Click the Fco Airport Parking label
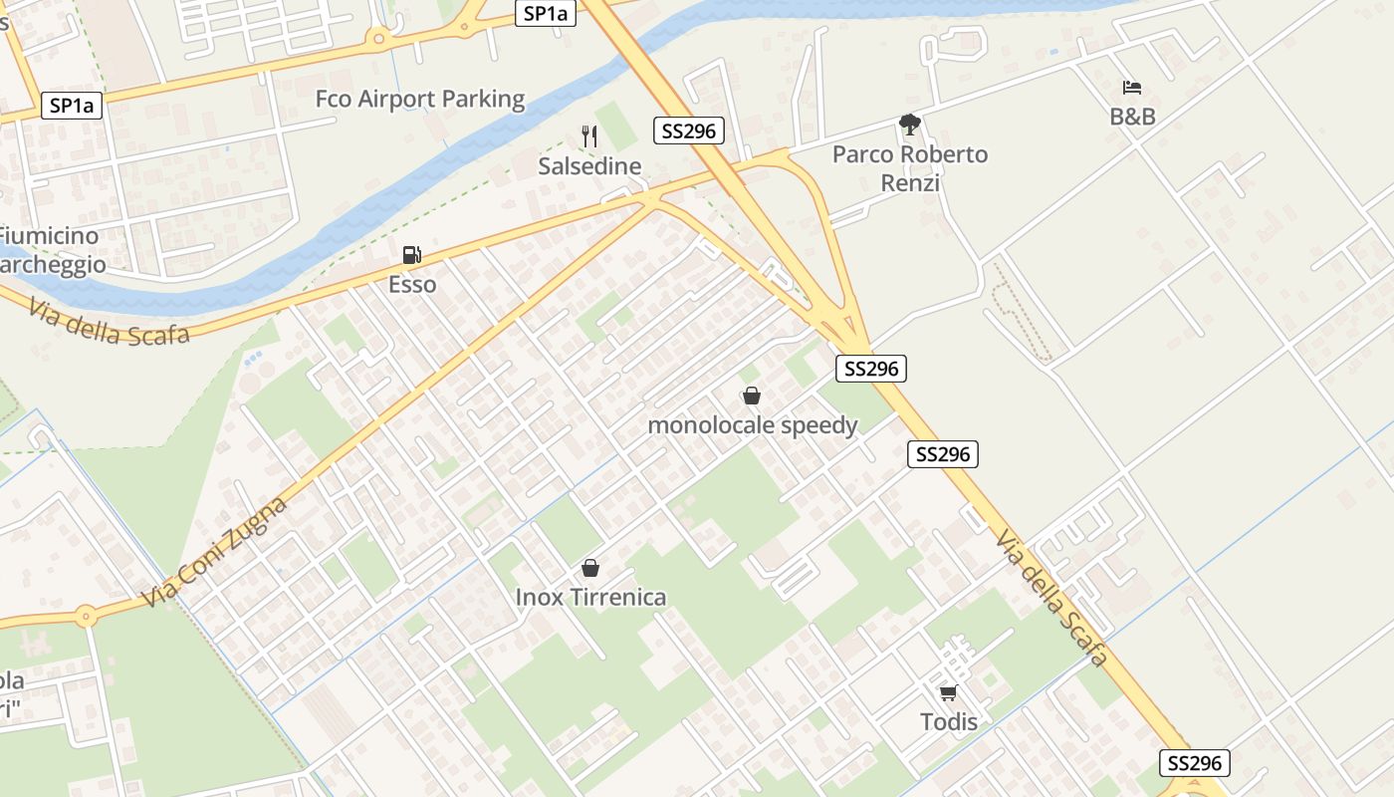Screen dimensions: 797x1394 (x=419, y=99)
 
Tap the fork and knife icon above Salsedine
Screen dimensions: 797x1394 (x=589, y=135)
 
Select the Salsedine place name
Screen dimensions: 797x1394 (x=589, y=165)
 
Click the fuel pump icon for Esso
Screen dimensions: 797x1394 (x=411, y=255)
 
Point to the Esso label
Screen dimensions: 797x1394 (x=411, y=285)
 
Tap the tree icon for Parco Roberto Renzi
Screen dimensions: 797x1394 (x=909, y=125)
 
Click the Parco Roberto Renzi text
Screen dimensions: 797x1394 (x=910, y=168)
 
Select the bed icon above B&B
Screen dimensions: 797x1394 (x=1132, y=88)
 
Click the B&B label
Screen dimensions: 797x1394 (x=1132, y=117)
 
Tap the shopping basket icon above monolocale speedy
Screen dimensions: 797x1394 (x=752, y=396)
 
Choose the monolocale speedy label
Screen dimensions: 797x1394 (x=752, y=425)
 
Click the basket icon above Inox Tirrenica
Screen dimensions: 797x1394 (x=590, y=568)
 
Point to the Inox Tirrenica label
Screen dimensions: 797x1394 (x=590, y=598)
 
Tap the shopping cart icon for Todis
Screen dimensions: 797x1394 (x=948, y=692)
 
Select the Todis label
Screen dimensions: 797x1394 (x=948, y=721)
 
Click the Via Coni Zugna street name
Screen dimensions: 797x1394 (x=215, y=551)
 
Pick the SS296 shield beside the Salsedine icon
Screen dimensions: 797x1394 (x=689, y=131)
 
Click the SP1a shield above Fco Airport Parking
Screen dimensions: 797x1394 (x=546, y=13)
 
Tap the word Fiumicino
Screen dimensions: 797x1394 (x=50, y=236)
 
